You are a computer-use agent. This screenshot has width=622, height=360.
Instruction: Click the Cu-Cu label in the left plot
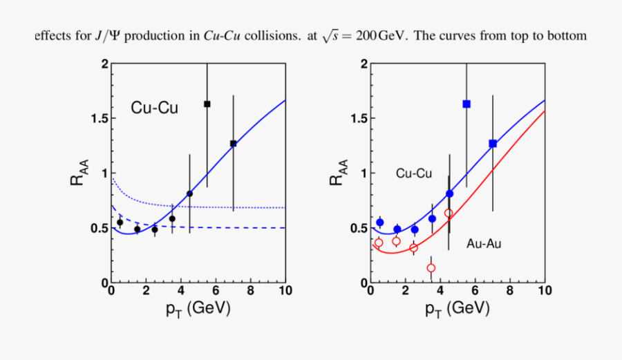(154, 108)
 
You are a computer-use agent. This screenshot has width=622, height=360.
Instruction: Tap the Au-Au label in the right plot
(484, 243)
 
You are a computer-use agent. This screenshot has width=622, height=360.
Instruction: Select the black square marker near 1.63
(207, 104)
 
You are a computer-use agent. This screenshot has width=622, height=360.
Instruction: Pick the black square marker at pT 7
(234, 143)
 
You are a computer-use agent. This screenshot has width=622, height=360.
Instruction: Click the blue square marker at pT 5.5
(466, 104)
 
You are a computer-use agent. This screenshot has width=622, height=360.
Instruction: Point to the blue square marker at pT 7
(493, 143)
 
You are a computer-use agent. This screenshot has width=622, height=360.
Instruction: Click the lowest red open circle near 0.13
(431, 268)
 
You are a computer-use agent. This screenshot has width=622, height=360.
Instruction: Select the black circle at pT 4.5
(189, 193)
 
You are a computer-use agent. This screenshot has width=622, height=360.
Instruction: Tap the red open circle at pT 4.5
(449, 213)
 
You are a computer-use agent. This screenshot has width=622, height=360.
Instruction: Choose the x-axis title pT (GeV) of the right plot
(458, 310)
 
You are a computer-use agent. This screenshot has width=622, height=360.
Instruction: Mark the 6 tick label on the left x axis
(215, 292)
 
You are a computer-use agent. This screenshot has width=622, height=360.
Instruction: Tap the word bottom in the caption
(567, 36)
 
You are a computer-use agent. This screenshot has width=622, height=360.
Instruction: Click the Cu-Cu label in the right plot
(414, 174)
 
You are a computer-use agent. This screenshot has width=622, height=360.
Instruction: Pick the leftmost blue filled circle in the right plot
(379, 222)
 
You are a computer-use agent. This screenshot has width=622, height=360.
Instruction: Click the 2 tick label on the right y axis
(363, 64)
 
